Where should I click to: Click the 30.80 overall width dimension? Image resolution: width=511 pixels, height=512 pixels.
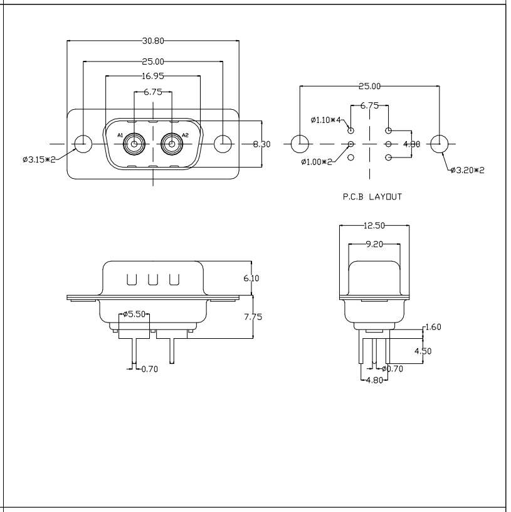coord(153,41)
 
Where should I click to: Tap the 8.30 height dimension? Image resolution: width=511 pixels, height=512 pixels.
coord(261,144)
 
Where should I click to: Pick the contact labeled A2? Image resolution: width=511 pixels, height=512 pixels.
coord(171,144)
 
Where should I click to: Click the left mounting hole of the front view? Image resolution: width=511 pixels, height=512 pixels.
coord(82,144)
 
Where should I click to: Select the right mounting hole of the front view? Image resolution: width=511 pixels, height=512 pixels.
coord(224,144)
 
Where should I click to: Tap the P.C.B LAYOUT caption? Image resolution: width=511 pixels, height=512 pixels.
coord(372,196)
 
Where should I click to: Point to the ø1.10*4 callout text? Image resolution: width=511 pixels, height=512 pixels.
coord(326,119)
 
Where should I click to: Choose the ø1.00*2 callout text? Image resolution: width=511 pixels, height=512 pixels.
coord(317,163)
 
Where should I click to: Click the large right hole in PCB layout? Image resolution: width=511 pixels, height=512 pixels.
coord(440,144)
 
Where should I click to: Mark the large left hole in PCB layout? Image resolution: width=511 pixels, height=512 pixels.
coord(300,144)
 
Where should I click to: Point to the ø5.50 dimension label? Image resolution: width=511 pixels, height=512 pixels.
coord(134,313)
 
